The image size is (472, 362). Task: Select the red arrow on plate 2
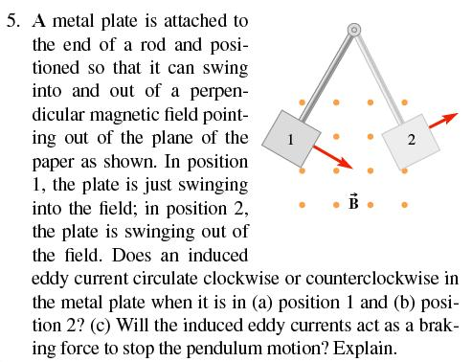(x=441, y=118)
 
